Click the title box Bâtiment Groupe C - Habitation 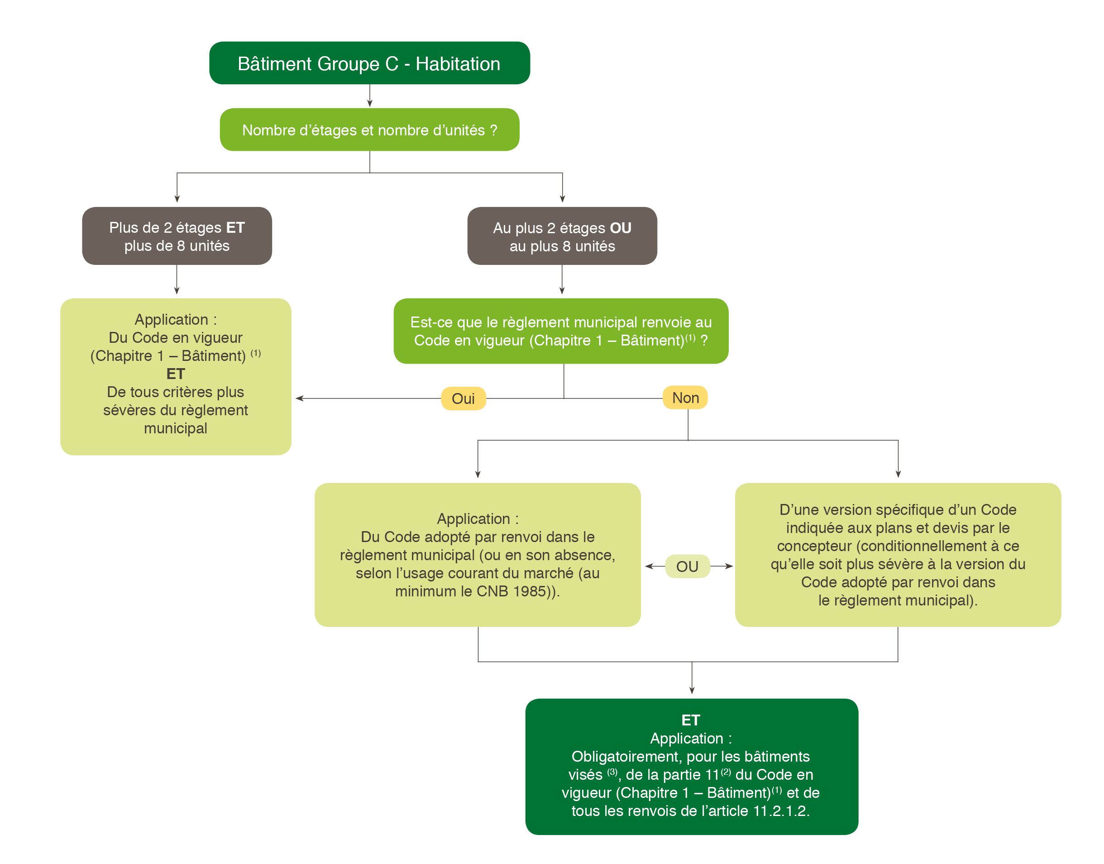(369, 63)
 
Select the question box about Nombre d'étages (369, 130)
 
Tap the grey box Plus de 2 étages (177, 236)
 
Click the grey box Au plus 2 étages (562, 236)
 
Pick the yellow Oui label (463, 398)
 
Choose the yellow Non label (685, 398)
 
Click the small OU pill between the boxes (687, 566)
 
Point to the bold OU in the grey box (621, 228)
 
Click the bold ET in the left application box (176, 374)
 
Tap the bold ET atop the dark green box (691, 720)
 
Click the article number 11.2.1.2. (781, 811)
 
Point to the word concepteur (814, 546)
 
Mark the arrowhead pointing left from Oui (299, 398)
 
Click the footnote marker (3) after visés (612, 772)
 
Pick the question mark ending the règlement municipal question (704, 341)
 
